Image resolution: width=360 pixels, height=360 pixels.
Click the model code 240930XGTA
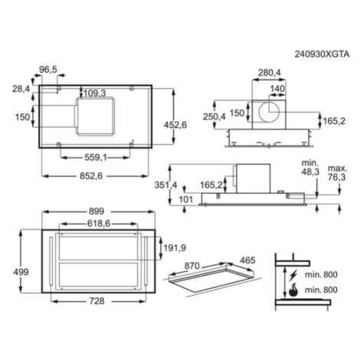click(x=322, y=54)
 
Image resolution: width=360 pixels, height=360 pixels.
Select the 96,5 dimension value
click(x=48, y=70)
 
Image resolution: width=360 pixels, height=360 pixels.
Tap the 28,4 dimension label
click(x=21, y=89)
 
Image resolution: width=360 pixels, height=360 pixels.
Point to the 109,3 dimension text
click(x=94, y=93)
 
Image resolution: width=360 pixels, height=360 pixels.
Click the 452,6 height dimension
click(x=175, y=125)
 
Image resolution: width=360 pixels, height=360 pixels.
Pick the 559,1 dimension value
click(x=96, y=158)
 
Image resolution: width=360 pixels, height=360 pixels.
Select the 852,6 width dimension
click(x=91, y=176)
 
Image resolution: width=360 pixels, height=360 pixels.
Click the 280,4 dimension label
click(x=270, y=73)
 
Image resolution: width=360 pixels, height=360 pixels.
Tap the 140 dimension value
click(x=277, y=89)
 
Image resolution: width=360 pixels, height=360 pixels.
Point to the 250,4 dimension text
click(x=214, y=116)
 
